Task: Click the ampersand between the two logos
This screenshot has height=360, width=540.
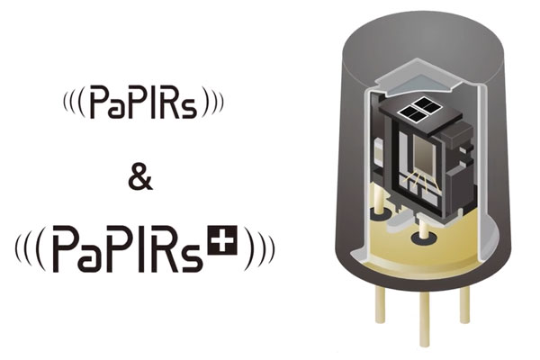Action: tap(140, 179)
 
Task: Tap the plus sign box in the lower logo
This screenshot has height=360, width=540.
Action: tap(222, 240)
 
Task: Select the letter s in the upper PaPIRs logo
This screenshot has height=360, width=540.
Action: tap(190, 109)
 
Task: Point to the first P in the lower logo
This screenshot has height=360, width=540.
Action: tap(66, 248)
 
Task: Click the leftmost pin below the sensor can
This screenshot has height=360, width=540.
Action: tap(380, 304)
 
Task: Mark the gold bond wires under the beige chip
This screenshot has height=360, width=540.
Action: tap(421, 179)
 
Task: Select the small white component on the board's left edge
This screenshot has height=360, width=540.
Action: tap(379, 151)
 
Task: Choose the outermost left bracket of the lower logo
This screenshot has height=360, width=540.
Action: tap(18, 248)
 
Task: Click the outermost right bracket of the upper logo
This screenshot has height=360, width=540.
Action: tap(220, 103)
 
